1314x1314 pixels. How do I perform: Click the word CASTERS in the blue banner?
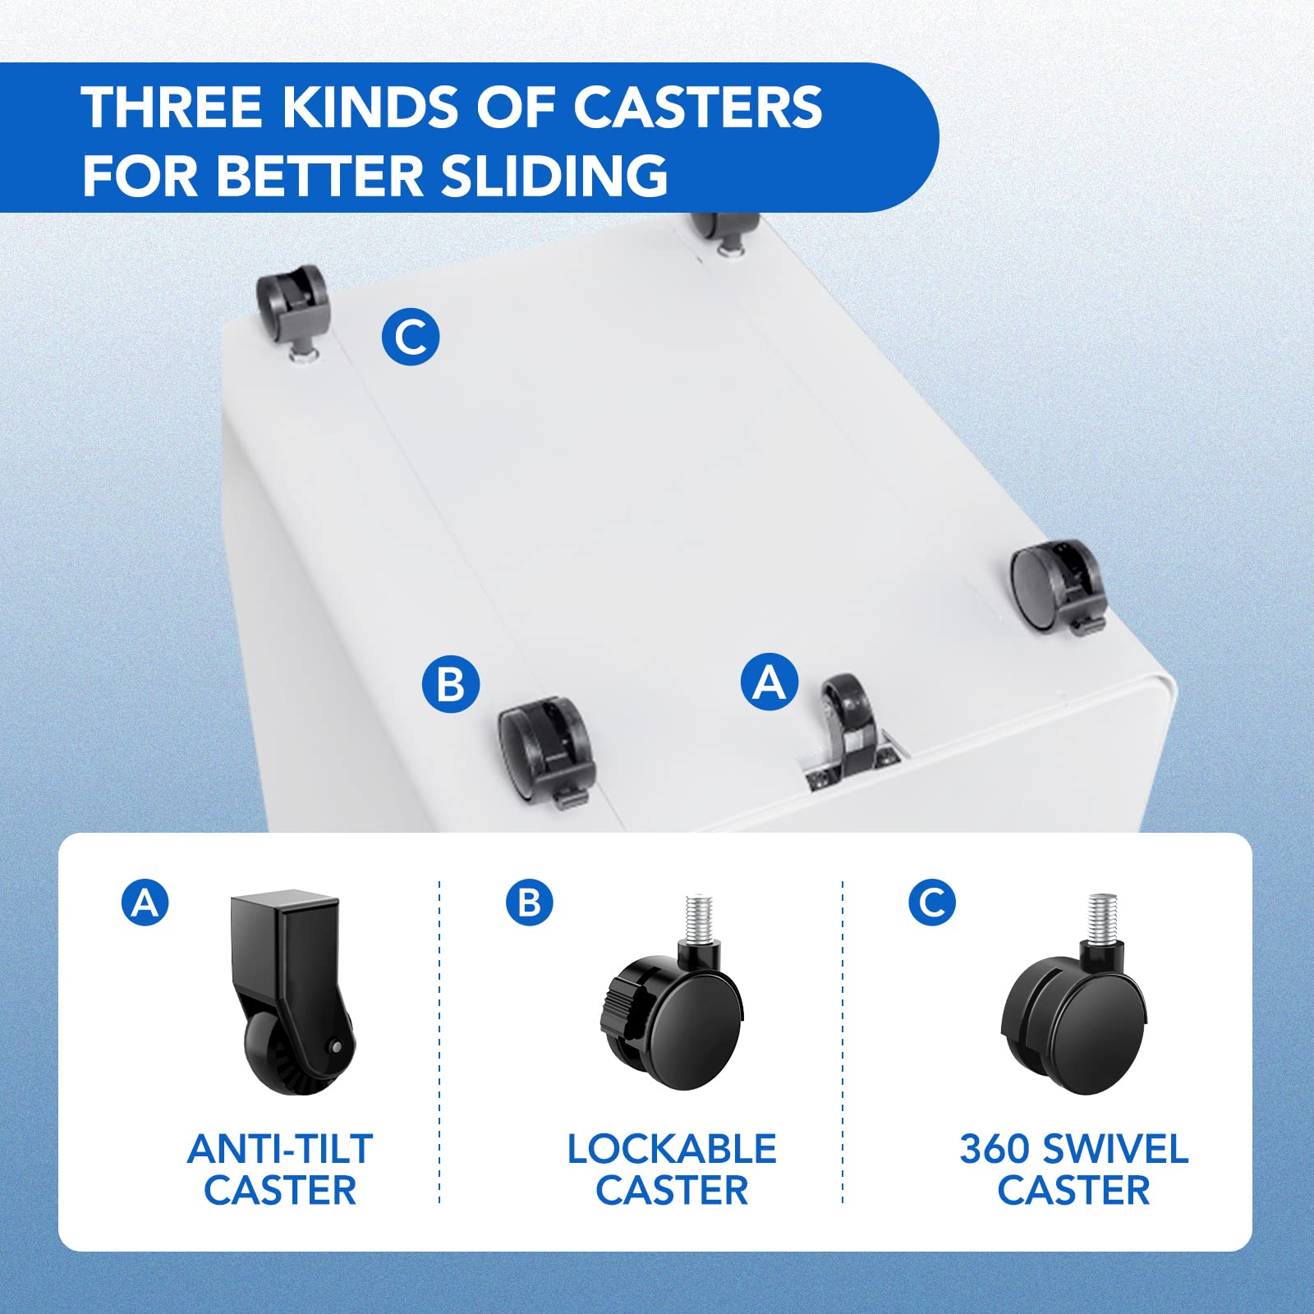click(697, 107)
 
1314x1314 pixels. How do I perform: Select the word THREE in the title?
click(172, 107)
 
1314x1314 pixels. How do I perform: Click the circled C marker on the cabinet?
click(411, 337)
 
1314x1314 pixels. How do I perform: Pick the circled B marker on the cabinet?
click(451, 683)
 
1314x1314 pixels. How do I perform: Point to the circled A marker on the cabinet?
click(770, 682)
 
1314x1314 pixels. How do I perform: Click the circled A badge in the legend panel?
click(145, 903)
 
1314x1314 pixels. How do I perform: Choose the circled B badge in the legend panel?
click(530, 902)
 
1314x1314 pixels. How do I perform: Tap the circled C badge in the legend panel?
click(932, 902)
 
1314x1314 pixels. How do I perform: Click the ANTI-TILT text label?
click(280, 1149)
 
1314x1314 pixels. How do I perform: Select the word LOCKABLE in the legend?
click(672, 1149)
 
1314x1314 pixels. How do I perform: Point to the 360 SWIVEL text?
click(1074, 1149)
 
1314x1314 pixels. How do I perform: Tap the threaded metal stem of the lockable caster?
click(699, 918)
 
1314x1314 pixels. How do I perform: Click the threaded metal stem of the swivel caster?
click(1102, 918)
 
